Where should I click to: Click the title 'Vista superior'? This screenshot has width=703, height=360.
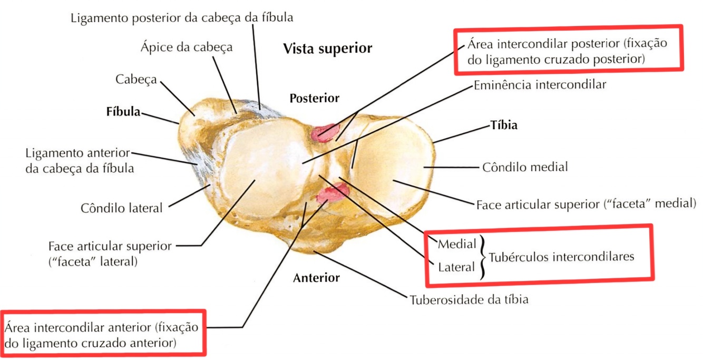(328, 49)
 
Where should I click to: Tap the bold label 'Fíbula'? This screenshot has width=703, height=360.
(123, 112)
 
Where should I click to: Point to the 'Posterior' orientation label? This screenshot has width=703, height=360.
(315, 98)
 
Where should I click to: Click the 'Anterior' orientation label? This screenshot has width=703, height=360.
(316, 278)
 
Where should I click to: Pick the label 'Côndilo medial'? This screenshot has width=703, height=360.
(525, 168)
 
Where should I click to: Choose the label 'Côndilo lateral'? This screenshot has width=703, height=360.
(122, 208)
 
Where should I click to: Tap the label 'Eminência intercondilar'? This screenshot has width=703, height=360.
(540, 84)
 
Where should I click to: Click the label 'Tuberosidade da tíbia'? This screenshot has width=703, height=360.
(469, 300)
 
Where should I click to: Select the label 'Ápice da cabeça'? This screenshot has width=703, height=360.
(187, 47)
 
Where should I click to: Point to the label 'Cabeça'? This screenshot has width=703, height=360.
(136, 80)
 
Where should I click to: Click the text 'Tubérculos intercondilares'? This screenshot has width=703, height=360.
(561, 257)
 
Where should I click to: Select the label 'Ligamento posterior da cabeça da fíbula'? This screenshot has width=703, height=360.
(182, 18)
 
